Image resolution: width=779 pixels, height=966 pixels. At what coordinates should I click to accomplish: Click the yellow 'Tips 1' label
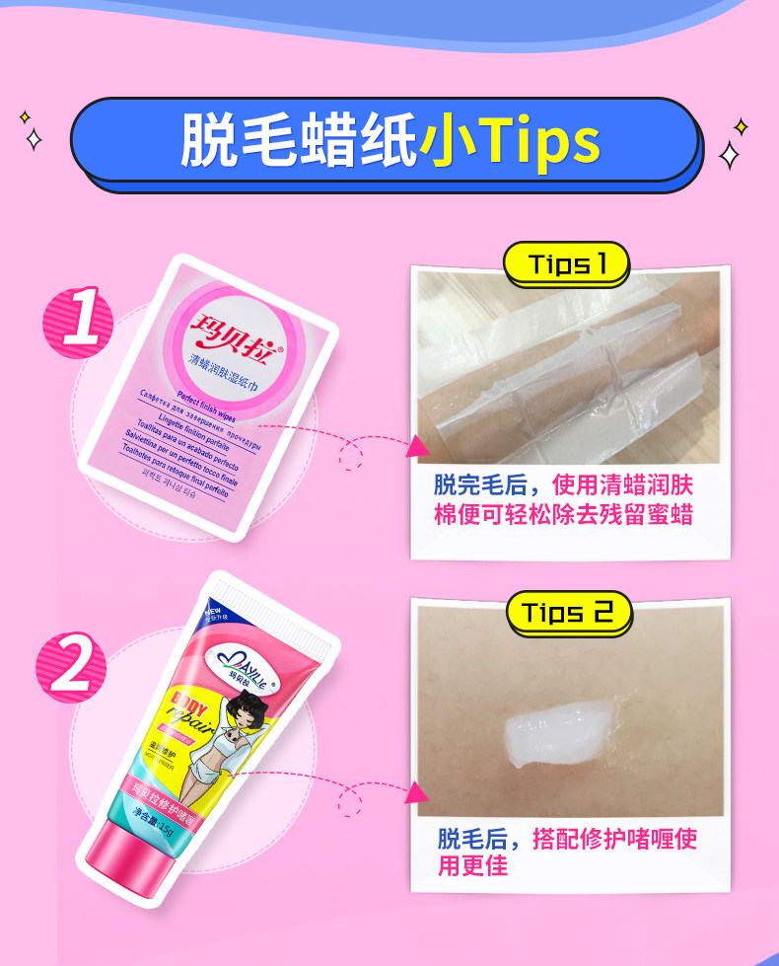pos(565,264)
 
